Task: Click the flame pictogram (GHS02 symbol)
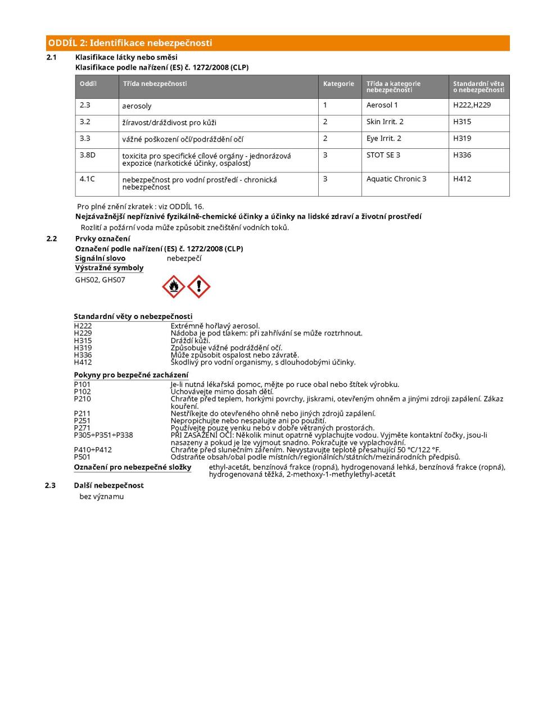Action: pos(174,287)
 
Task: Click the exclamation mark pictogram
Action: pos(198,287)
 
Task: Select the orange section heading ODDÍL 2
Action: pos(130,43)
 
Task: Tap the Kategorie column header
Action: pos(338,84)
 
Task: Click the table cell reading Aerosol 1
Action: pos(382,105)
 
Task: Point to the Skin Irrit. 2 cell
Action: pos(385,121)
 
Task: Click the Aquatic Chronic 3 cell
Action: pos(396,179)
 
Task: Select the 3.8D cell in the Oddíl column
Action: pos(88,154)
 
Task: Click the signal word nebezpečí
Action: pos(184,258)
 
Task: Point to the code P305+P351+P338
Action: pos(103,435)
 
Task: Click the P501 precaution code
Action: pos(82,457)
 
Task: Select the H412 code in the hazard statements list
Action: pos(83,362)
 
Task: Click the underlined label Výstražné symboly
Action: pos(109,268)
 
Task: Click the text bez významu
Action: pos(102,497)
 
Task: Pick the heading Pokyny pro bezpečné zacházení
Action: pos(131,375)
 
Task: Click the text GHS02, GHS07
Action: pos(100,280)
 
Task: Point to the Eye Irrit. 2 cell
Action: pos(384,138)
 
